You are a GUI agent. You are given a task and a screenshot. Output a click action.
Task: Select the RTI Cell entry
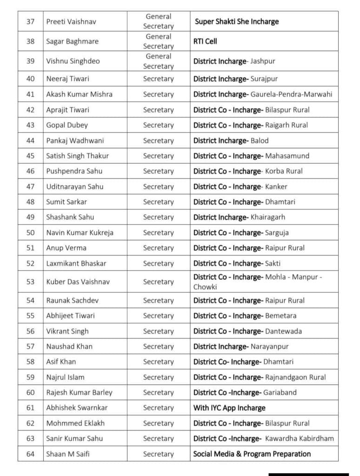[x=205, y=41]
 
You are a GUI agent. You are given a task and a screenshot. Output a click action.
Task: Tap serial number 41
[x=31, y=94]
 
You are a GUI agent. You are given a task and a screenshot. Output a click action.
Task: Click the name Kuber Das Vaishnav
[x=78, y=282]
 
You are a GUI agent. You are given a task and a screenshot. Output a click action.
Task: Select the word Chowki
[x=205, y=287]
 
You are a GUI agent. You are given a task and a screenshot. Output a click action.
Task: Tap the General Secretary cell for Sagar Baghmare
[x=159, y=41]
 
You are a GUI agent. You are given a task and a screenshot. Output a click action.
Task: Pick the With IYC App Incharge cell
[x=229, y=408]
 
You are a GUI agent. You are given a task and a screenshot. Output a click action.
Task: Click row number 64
[x=31, y=454]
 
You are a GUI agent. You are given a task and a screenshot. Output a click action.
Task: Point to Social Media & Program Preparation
[x=252, y=454]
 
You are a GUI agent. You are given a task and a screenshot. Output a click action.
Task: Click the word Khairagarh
[x=268, y=217]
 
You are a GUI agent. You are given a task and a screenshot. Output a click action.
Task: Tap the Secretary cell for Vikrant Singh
[x=159, y=331]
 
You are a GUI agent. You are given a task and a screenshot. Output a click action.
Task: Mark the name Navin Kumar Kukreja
[x=80, y=232]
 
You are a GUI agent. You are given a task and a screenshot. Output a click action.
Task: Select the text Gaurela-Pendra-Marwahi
[x=292, y=94]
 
